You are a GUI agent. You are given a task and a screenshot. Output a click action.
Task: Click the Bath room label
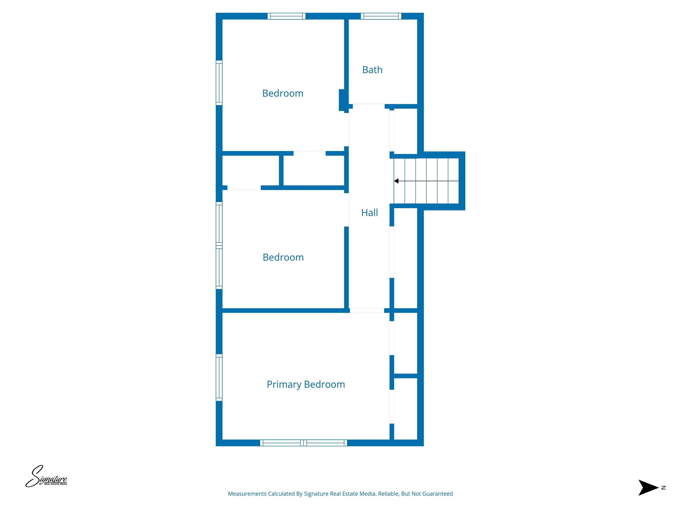pos(372,70)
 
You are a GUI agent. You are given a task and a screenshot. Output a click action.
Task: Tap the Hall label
pos(370,212)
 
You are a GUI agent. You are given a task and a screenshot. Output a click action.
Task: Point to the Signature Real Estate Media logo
pos(46,476)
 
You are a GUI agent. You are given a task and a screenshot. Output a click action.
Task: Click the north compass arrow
pos(648,487)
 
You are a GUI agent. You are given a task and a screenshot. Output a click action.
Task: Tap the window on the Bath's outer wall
pos(381,16)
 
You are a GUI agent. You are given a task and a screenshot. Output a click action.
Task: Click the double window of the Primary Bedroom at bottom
pos(303,443)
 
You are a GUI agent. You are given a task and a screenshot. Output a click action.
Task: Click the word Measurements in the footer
pos(247,494)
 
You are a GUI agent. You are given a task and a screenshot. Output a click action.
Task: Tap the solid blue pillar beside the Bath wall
pos(341,100)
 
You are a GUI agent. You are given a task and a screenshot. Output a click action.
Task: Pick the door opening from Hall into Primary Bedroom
pos(367,311)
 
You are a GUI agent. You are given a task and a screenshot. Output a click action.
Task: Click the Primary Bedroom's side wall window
pos(219,377)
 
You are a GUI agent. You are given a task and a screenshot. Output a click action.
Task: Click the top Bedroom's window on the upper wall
pos(286,16)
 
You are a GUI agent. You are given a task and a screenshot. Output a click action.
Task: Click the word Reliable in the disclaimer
pos(388,494)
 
